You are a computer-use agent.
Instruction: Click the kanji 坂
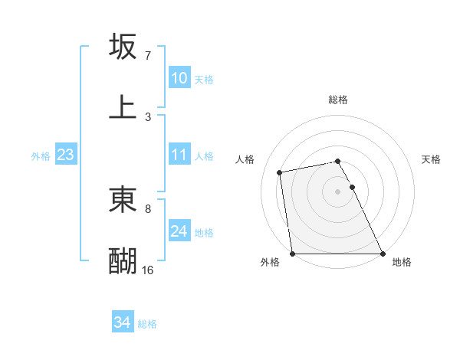(x=123, y=47)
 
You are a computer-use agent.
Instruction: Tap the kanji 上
(x=123, y=107)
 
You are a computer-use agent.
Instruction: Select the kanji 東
(x=123, y=200)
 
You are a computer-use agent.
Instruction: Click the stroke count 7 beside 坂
(x=147, y=56)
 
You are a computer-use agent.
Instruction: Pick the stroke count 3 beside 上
(x=147, y=117)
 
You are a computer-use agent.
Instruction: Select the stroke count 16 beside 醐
(x=147, y=270)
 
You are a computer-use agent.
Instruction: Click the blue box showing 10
(x=179, y=78)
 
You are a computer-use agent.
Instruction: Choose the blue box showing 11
(x=179, y=155)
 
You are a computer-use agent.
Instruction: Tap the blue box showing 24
(x=179, y=231)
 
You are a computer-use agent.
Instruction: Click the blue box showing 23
(x=65, y=155)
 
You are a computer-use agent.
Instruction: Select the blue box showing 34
(x=123, y=323)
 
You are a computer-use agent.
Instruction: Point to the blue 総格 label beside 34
(x=147, y=324)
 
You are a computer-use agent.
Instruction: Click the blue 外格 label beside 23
(x=41, y=155)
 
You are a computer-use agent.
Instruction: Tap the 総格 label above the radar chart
(x=338, y=100)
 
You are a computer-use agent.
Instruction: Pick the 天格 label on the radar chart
(x=431, y=159)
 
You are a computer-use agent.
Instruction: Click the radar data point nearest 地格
(x=383, y=254)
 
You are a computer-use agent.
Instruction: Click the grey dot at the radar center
(x=338, y=191)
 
